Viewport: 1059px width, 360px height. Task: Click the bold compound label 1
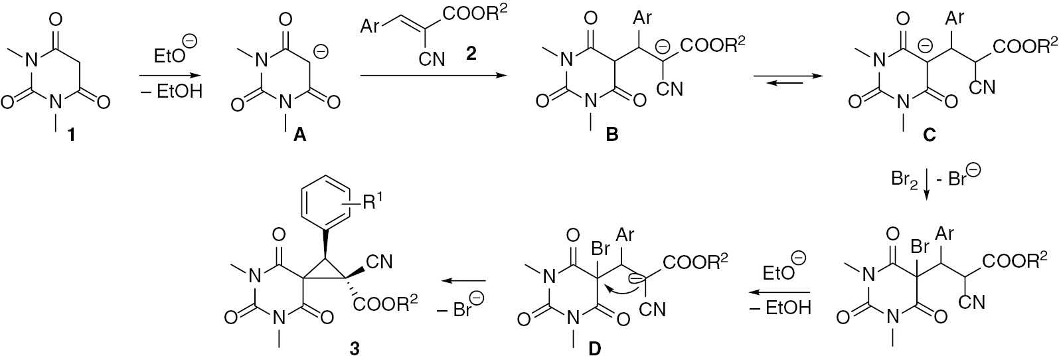[72, 135]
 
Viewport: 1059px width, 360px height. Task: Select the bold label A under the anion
[299, 135]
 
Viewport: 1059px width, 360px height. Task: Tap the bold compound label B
[611, 135]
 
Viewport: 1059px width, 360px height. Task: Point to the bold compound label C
[929, 135]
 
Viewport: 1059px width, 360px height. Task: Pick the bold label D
[594, 349]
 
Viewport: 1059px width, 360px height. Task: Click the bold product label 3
[354, 349]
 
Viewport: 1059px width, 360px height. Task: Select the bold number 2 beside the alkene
[470, 54]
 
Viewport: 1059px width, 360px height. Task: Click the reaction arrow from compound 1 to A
[168, 75]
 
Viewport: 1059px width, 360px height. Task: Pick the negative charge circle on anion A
[321, 52]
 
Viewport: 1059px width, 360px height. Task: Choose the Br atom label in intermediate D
[601, 248]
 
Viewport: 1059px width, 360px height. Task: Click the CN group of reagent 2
[432, 58]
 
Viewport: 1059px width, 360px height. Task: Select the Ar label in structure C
[955, 19]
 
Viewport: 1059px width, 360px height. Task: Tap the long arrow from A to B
[433, 75]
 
